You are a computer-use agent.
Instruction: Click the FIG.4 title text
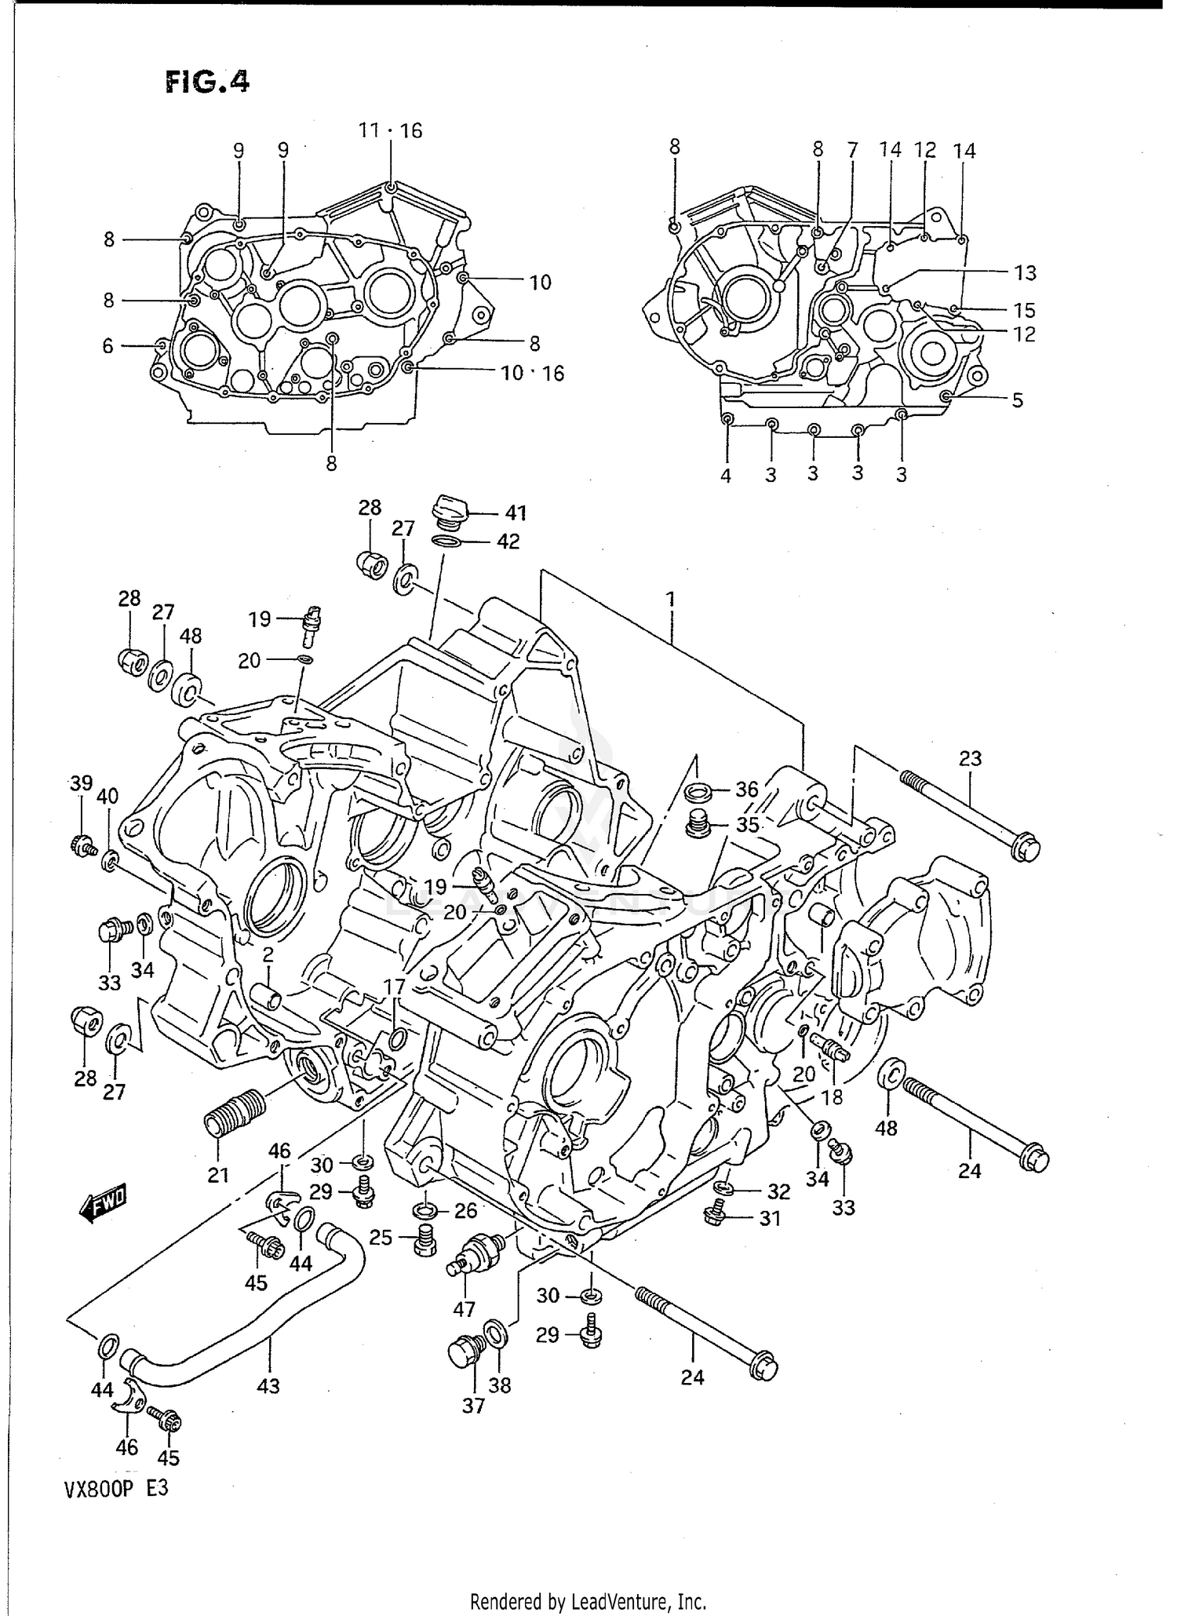click(207, 82)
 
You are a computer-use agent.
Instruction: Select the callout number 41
click(515, 513)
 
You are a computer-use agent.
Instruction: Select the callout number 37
click(473, 1405)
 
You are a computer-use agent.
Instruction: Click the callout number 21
click(217, 1175)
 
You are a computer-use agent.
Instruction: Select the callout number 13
click(1025, 273)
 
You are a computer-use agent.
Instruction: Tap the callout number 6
click(108, 346)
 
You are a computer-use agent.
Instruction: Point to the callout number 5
click(1017, 400)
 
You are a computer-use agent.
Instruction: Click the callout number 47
click(464, 1308)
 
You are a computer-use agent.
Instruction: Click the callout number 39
click(81, 782)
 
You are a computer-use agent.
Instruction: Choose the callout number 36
click(746, 789)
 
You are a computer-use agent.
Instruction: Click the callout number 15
click(1024, 310)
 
